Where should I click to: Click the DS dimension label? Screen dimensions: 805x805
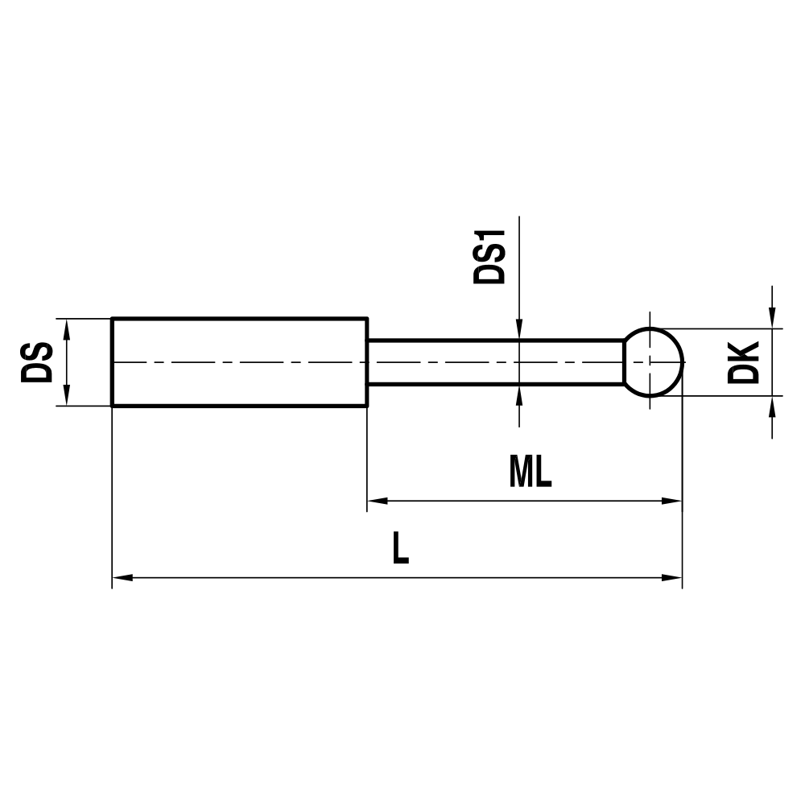pyautogui.click(x=38, y=362)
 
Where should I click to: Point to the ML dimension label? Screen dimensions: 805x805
pyautogui.click(x=530, y=473)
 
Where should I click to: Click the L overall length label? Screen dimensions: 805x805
pyautogui.click(x=400, y=550)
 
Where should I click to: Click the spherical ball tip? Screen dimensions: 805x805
pyautogui.click(x=654, y=362)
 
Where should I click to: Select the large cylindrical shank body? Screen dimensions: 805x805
pyautogui.click(x=239, y=362)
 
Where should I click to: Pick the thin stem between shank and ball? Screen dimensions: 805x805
pyautogui.click(x=495, y=362)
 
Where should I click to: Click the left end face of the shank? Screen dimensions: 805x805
pyautogui.click(x=112, y=362)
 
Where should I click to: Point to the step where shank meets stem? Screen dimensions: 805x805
pyautogui.click(x=368, y=362)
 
